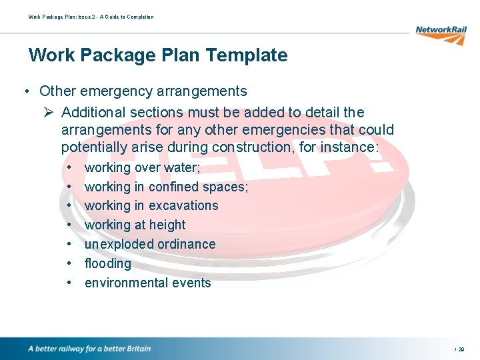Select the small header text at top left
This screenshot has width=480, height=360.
tap(91, 17)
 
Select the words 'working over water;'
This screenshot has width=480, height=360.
tap(142, 167)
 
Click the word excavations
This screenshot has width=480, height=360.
tap(183, 206)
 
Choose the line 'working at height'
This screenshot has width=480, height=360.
tap(135, 225)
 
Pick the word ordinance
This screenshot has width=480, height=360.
tap(186, 244)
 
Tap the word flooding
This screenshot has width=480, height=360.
tap(107, 263)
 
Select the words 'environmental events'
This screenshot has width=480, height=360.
tap(147, 283)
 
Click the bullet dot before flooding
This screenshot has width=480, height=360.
tap(69, 263)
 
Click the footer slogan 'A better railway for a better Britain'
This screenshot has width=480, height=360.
tap(89, 349)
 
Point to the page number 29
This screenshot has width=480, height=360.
tap(461, 349)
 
